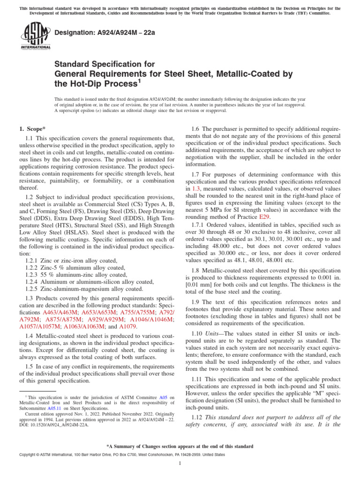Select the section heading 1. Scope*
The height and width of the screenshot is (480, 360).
tap(32, 128)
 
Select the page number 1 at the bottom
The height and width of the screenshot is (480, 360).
tap(180, 463)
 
